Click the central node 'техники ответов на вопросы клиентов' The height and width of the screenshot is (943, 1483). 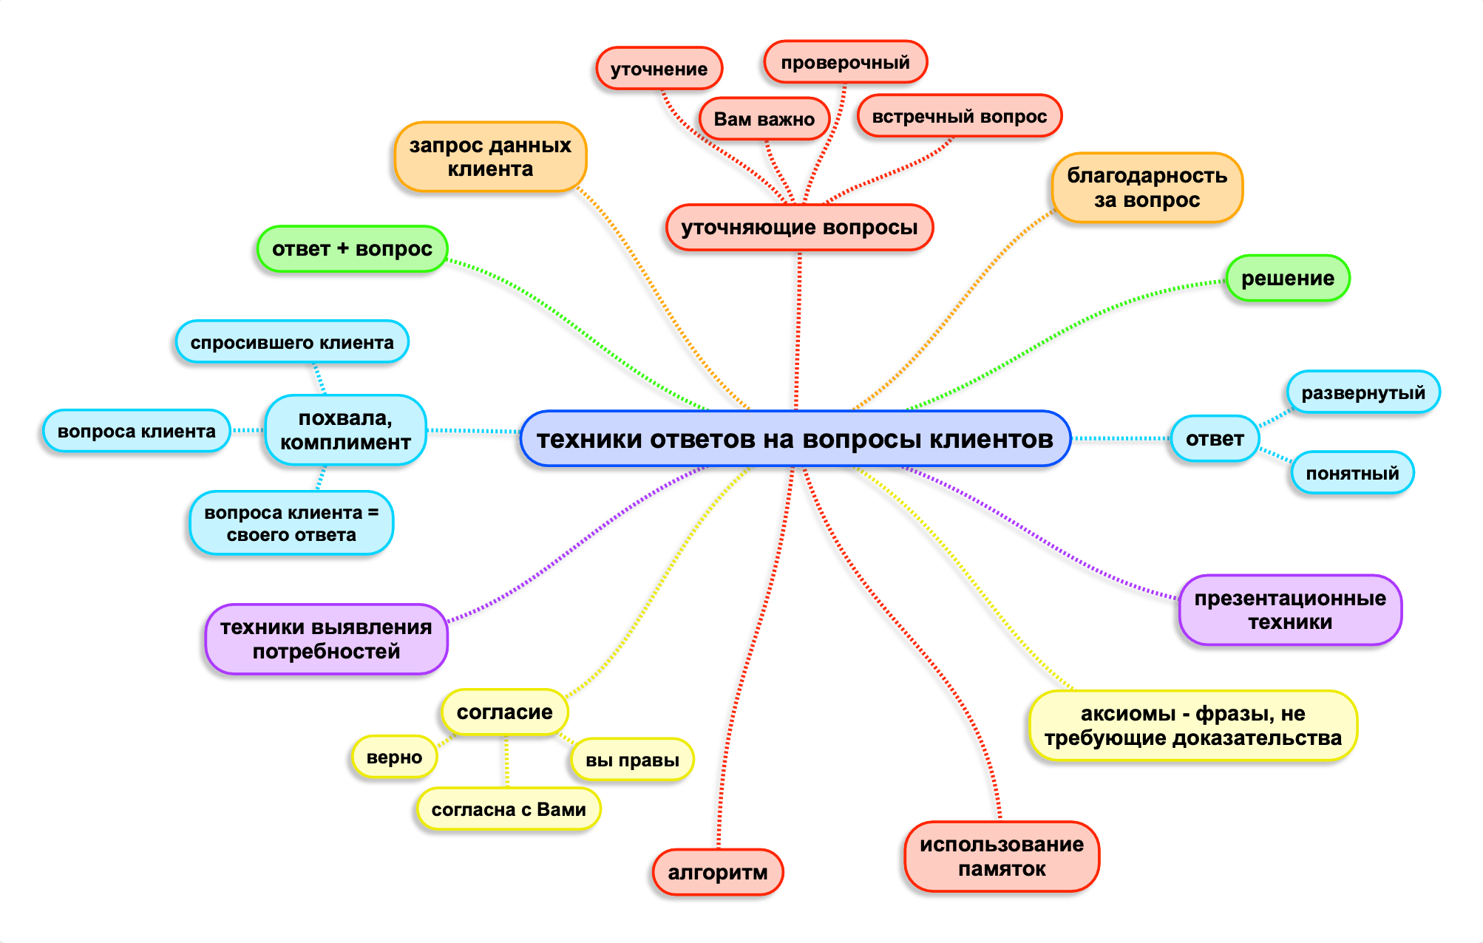coord(795,439)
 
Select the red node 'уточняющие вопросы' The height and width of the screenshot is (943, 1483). coord(799,228)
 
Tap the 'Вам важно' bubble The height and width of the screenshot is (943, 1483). coord(764,119)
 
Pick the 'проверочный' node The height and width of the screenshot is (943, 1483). coord(845,63)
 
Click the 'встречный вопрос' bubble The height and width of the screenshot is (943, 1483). coord(959,117)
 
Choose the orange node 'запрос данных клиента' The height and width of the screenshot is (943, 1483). coord(490,157)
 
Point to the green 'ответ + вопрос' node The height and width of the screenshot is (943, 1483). coord(352,249)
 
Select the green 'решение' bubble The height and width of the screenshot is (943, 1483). coord(1287,279)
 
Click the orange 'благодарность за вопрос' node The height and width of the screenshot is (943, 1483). coord(1147,188)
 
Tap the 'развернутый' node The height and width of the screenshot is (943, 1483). coord(1362,392)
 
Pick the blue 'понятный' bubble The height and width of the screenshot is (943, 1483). coord(1352,473)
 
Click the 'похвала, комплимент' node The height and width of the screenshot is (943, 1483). coord(345,430)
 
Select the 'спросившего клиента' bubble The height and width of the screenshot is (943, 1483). coord(292,342)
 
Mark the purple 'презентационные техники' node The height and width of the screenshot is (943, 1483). coord(1290,610)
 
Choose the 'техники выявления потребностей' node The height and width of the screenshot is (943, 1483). coord(326,639)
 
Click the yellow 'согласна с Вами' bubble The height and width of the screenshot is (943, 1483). coord(509,809)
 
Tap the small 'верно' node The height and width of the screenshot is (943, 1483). coord(394,758)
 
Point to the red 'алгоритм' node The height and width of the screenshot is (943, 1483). coord(717,873)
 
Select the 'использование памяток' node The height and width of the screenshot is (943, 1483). coord(1001,857)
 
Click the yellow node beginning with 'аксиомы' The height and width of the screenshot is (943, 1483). coord(1192,726)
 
